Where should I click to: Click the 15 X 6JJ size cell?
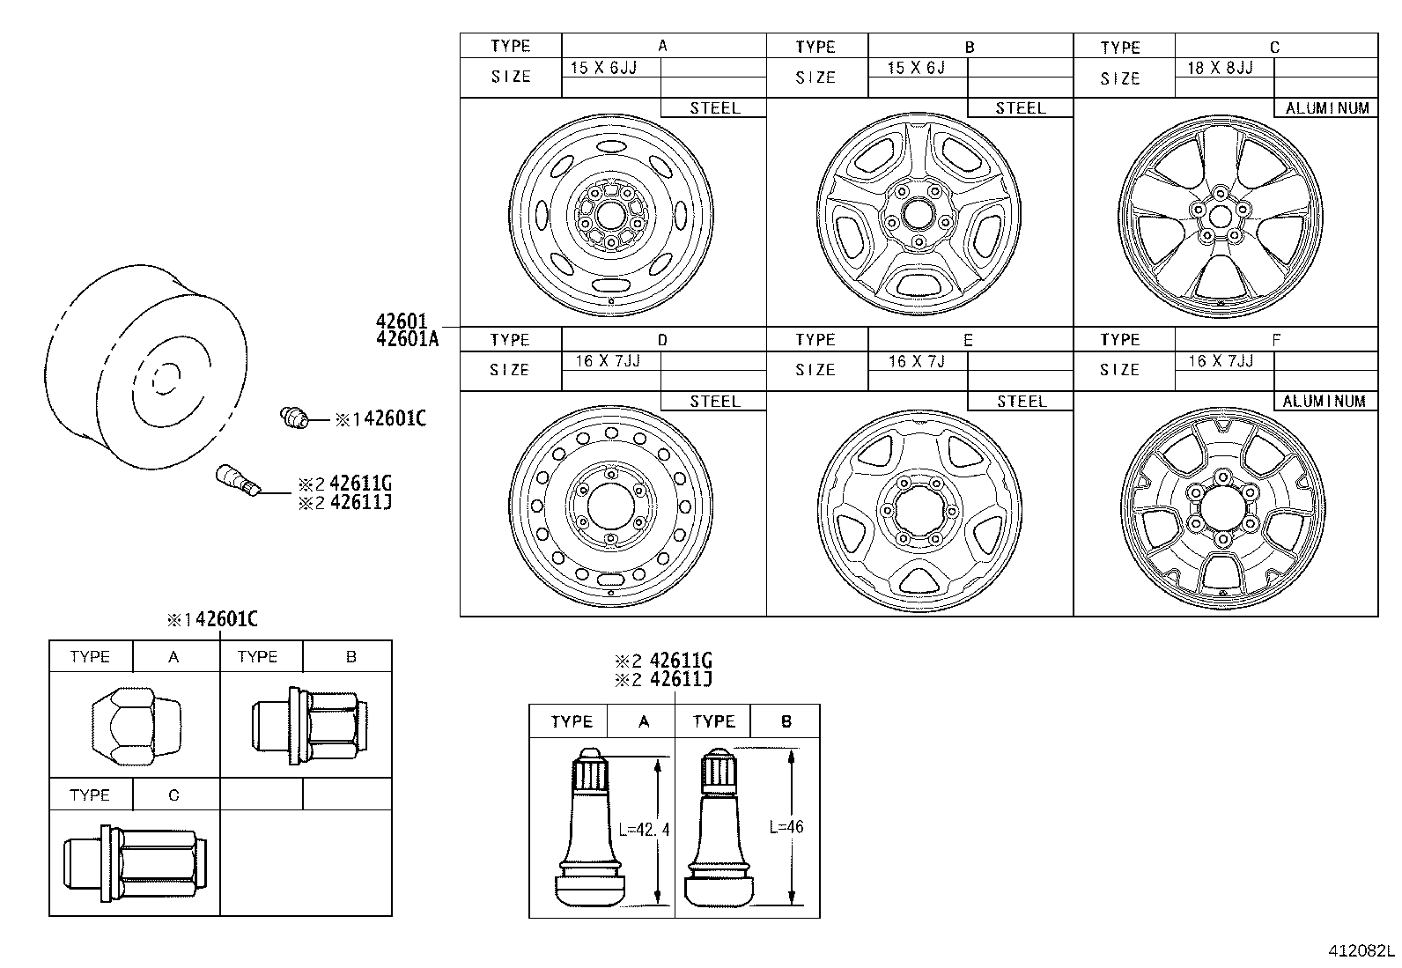[x=603, y=68]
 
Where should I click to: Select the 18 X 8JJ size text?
[x=1220, y=68]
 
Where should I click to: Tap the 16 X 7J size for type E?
[x=916, y=361]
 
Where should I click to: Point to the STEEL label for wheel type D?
[x=714, y=401]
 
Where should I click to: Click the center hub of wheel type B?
[x=919, y=215]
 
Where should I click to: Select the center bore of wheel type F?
[x=1223, y=511]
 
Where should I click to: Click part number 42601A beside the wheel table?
[x=406, y=338]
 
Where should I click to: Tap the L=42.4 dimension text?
[x=643, y=829]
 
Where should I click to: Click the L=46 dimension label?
[x=786, y=826]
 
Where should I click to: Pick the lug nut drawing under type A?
[x=135, y=725]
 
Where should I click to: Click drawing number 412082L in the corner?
[x=1361, y=951]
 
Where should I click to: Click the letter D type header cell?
[x=662, y=340]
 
